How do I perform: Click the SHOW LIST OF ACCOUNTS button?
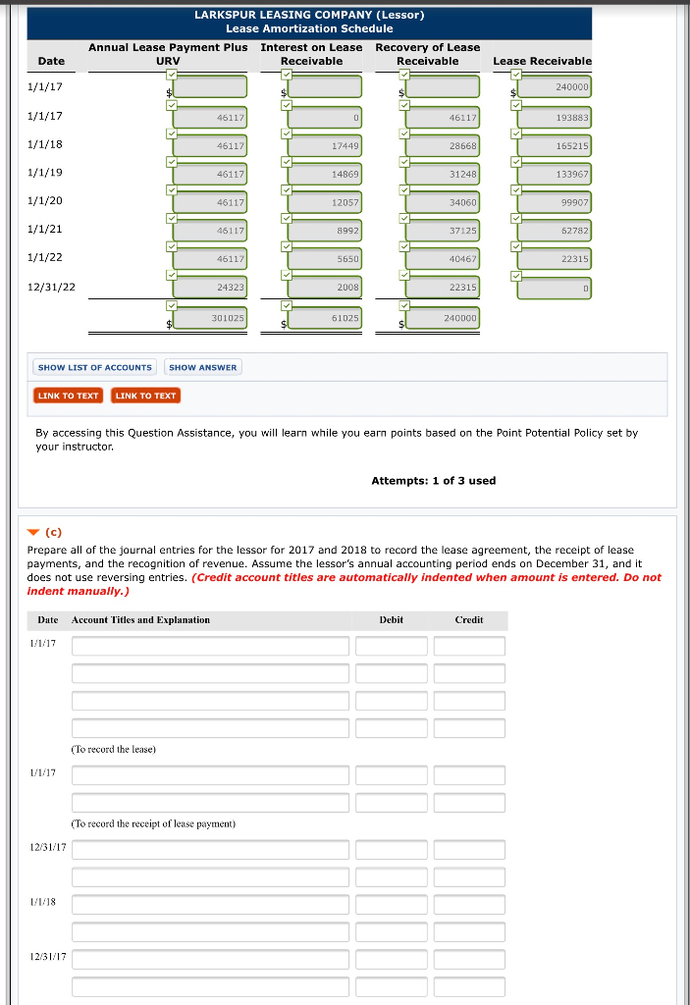[x=95, y=367]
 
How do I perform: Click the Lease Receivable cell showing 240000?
[x=555, y=88]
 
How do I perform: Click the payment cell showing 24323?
[x=209, y=287]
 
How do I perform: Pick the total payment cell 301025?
[x=209, y=318]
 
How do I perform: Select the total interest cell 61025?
[x=325, y=318]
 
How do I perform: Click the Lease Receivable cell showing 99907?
[x=555, y=202]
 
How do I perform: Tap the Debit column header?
[x=391, y=620]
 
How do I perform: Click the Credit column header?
[x=468, y=620]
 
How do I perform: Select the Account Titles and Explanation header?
[x=140, y=620]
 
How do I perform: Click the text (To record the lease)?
[x=114, y=749]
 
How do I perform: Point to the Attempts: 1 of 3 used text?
[x=433, y=481]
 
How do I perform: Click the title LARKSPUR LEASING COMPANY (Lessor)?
[x=309, y=15]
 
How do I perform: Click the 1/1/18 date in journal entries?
[x=43, y=901]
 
